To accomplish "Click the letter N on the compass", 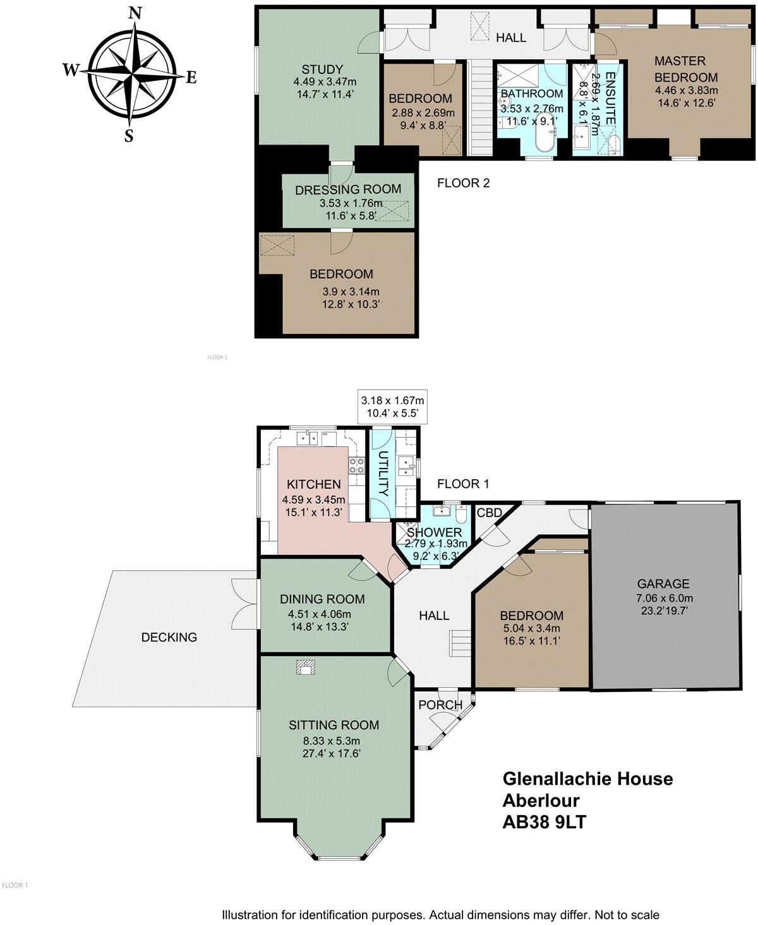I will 134,13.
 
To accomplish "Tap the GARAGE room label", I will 663,584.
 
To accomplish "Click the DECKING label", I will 169,637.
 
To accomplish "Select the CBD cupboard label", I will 488,512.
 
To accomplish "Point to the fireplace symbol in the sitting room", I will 306,667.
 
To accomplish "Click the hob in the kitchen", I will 356,465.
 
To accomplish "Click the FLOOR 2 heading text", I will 464,184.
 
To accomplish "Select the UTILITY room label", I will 382,474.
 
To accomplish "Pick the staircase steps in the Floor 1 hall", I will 460,645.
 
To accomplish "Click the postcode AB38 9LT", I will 548,822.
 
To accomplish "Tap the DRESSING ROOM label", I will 348,189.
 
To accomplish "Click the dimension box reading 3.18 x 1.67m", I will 392,407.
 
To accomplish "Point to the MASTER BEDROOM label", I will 685,69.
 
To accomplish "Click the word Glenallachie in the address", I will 556,779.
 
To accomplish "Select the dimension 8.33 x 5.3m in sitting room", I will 333,741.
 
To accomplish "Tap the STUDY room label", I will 322,69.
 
